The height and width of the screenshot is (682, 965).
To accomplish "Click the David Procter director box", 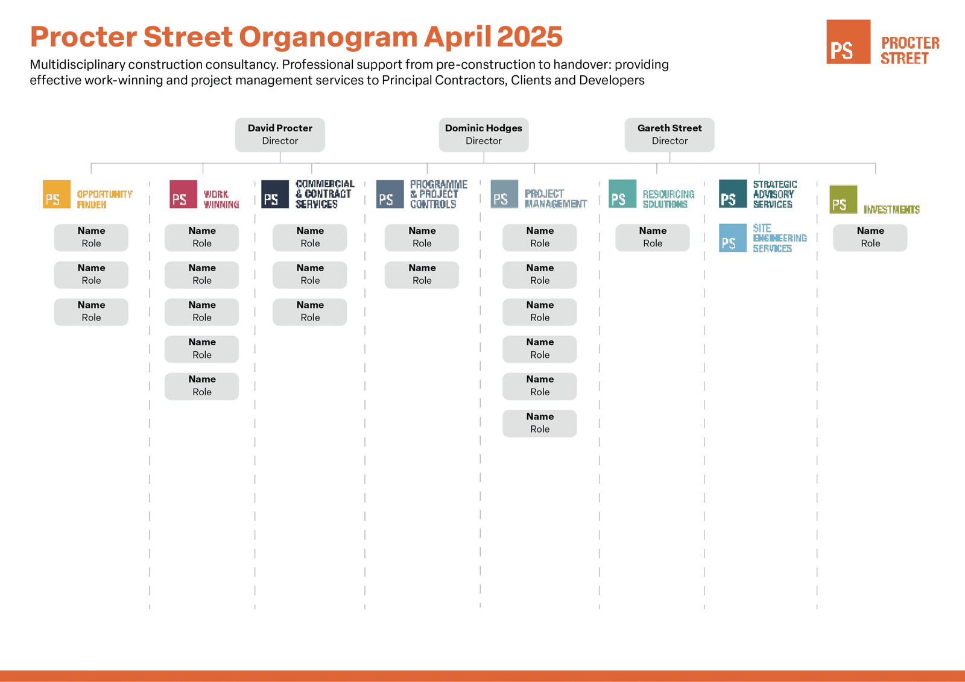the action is click(x=280, y=135).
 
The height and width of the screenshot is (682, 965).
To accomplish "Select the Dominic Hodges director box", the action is click(x=483, y=135).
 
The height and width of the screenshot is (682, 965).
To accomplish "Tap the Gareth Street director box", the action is click(x=669, y=135).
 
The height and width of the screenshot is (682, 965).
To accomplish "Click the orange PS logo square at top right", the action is click(x=848, y=42).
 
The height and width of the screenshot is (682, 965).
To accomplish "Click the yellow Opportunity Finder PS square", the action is click(x=57, y=194).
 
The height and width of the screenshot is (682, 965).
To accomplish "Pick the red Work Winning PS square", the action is click(x=183, y=194).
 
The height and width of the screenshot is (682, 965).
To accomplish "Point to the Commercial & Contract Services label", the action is click(x=325, y=194).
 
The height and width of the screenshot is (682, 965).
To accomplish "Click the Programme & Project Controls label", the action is click(x=438, y=194).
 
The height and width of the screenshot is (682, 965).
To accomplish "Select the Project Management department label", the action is click(x=555, y=199).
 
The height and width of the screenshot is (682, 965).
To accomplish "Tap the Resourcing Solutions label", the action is click(x=669, y=199).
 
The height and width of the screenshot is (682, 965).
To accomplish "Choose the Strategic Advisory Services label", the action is click(x=775, y=194).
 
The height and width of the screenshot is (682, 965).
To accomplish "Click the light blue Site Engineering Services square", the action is click(x=733, y=238).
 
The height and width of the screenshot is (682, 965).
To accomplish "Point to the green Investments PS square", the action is click(x=844, y=199).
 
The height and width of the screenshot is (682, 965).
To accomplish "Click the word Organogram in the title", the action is click(x=328, y=37).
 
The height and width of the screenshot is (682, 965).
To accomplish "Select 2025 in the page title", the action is click(x=530, y=36).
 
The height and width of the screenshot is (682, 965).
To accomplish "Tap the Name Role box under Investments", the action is click(x=870, y=237).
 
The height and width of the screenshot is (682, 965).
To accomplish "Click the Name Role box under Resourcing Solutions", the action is click(x=653, y=237).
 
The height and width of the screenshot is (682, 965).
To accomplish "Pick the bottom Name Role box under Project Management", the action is click(x=540, y=424).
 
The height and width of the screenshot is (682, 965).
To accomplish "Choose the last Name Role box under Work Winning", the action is click(x=201, y=386).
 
